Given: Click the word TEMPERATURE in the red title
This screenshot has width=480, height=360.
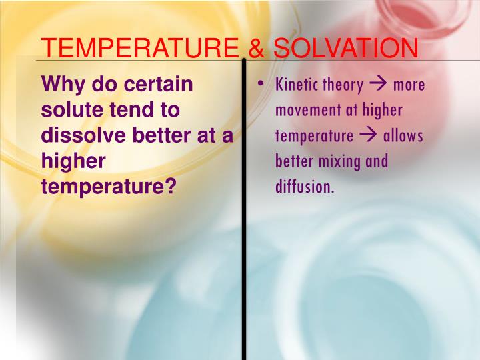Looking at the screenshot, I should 137,48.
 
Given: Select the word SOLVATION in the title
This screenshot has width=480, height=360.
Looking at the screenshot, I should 345,48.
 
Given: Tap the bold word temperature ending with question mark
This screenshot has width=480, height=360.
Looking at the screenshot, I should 108,187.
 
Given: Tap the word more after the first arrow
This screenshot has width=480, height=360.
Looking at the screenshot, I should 408,85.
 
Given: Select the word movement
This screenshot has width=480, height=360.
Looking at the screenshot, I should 307,110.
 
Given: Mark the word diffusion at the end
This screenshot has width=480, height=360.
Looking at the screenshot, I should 304,187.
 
